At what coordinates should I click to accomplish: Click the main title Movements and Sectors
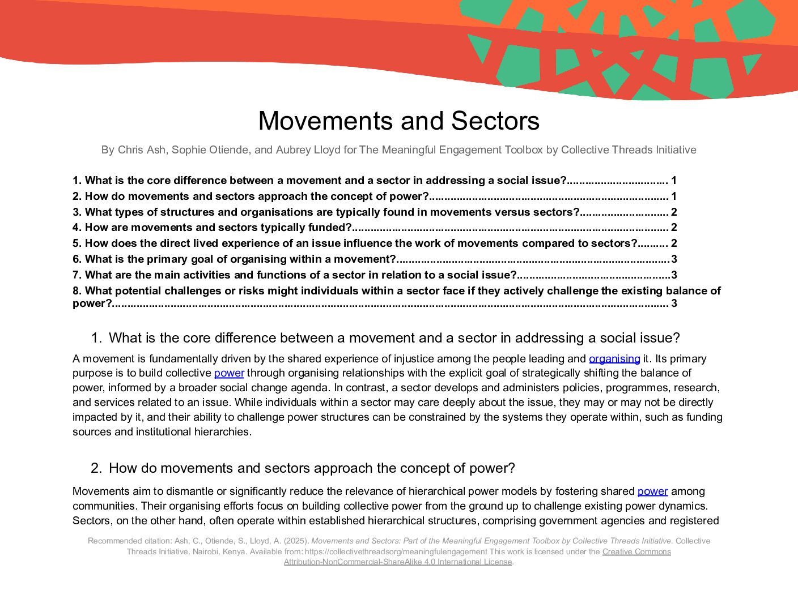[x=398, y=121]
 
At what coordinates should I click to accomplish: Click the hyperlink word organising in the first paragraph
[x=614, y=359]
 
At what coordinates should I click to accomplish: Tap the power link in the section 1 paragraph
[x=229, y=373]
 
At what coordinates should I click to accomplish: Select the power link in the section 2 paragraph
[x=652, y=491]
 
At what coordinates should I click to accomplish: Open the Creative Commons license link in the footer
[x=636, y=551]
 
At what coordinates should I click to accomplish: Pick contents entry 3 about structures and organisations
[x=326, y=212]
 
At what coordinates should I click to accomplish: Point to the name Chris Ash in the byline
[x=142, y=150]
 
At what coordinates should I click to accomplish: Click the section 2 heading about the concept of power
[x=312, y=468]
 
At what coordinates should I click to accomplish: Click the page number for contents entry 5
[x=674, y=243]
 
